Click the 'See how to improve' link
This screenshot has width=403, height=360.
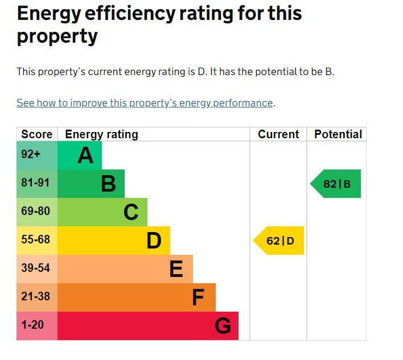tap(145, 103)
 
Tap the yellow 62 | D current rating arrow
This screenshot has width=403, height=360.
tap(278, 241)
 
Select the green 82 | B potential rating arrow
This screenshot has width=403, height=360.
tap(335, 184)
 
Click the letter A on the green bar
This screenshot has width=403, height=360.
tap(85, 155)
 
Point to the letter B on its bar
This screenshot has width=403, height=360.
tap(109, 184)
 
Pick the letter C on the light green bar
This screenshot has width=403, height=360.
tap(131, 212)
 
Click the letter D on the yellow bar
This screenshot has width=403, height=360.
tap(154, 241)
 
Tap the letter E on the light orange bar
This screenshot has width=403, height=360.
tap(176, 269)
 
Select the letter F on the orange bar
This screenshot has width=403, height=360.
tap(199, 297)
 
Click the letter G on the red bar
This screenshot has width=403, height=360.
tap(223, 326)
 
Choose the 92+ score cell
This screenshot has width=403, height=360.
tap(31, 154)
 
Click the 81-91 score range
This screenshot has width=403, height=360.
tap(35, 183)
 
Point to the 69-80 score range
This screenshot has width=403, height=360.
tap(35, 211)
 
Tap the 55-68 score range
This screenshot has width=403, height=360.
tap(35, 239)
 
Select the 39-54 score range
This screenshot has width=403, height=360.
tap(35, 268)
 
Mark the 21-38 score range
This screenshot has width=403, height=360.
tap(35, 296)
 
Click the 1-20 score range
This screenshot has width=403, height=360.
tap(32, 325)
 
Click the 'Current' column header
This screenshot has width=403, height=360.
tap(278, 134)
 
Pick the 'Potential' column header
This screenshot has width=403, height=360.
tap(338, 134)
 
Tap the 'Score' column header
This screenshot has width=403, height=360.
tap(37, 134)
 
